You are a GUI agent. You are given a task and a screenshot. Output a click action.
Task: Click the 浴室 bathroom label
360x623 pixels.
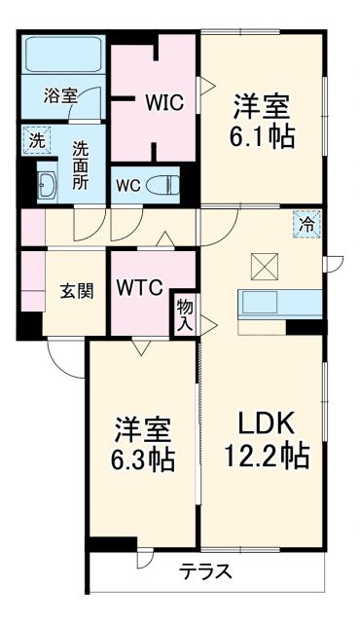60,95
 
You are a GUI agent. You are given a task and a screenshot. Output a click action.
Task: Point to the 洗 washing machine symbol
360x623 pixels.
35,139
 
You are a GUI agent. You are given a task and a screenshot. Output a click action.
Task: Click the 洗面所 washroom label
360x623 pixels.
82,166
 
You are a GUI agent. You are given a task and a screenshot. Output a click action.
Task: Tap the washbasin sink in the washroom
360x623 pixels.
47,181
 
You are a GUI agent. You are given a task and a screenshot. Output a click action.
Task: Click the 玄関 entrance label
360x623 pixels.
76,291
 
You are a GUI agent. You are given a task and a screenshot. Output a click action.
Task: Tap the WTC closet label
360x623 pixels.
139,288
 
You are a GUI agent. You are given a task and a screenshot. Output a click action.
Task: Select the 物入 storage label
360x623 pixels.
185,313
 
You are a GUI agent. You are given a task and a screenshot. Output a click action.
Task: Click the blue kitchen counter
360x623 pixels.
280,303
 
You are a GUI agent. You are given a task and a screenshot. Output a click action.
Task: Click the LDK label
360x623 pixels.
262,422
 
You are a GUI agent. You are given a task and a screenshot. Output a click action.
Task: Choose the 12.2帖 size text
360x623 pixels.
262,455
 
